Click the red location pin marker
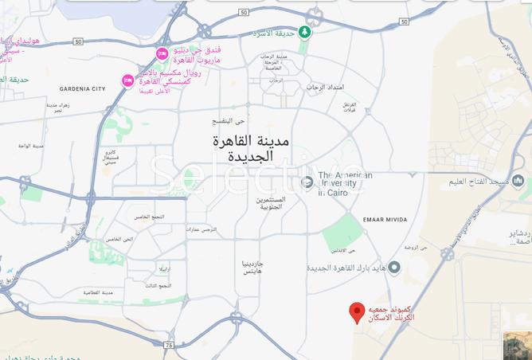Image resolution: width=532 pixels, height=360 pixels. click(358, 311)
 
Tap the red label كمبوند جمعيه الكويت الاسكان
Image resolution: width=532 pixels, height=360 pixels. click(389, 313)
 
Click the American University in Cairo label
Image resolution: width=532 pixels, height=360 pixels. click(344, 184)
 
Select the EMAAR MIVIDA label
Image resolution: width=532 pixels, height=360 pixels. click(385, 220)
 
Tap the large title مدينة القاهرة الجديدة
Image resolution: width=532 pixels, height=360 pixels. click(251, 149)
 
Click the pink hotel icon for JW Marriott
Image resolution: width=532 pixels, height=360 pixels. click(162, 54)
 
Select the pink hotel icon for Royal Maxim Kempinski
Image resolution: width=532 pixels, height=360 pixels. click(127, 80)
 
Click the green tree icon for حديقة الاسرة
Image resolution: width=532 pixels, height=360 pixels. click(303, 33)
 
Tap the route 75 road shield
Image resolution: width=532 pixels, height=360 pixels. click(168, 345)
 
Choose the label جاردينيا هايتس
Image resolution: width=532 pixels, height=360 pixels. click(258, 268)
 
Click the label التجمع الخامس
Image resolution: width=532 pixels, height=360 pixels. click(148, 217)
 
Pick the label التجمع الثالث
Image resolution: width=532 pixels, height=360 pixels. click(158, 285)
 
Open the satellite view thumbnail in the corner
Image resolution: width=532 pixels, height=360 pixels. click(517, 345)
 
